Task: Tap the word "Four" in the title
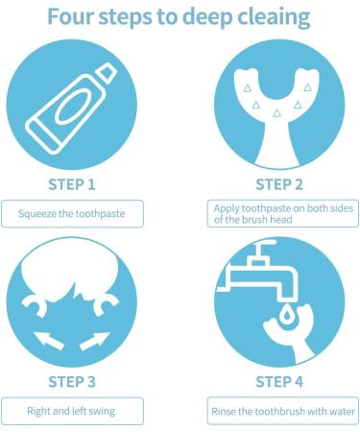[x=74, y=16]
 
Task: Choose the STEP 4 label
[x=280, y=381]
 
